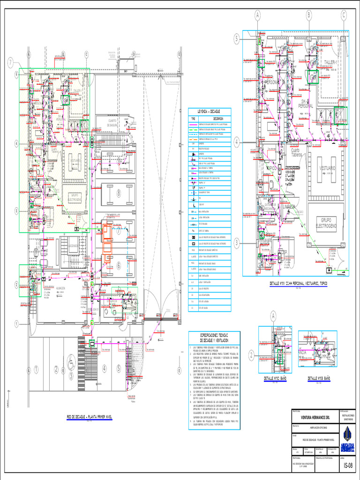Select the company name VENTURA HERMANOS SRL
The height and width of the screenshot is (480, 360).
[315, 416]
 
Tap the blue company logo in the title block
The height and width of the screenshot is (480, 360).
[347, 435]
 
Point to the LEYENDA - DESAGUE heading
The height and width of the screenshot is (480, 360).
[209, 111]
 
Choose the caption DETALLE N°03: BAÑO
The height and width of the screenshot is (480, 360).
[321, 378]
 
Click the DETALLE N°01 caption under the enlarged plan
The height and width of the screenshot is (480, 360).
[299, 284]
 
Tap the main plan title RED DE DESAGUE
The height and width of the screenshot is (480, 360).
[89, 416]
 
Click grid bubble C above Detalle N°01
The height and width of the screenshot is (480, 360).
[344, 15]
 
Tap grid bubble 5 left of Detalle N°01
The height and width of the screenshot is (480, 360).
[237, 40]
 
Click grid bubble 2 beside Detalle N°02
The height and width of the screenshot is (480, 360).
[251, 356]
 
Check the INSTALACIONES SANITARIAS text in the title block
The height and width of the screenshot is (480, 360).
[347, 416]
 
